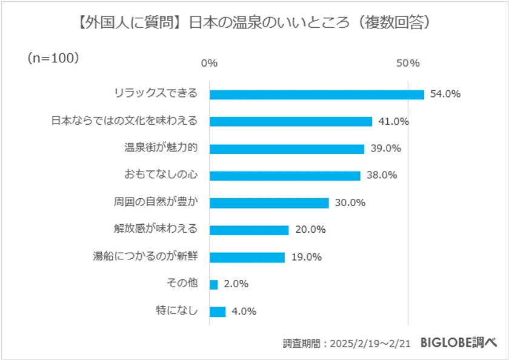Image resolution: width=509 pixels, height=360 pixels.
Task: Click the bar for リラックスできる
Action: tap(316, 94)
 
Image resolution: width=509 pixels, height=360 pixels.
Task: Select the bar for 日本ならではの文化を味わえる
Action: tap(291, 121)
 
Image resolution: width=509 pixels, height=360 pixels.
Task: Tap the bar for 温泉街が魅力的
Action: tap(287, 148)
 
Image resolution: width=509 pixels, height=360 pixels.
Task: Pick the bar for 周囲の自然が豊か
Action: tap(269, 203)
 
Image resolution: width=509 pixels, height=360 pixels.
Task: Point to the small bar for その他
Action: tap(213, 284)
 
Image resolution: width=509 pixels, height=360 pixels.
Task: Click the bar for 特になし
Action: tap(218, 312)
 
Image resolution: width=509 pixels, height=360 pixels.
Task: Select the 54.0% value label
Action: tap(445, 94)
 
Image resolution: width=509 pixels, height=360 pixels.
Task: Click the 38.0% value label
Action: tap(382, 176)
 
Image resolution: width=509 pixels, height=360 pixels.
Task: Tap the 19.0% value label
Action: tap(306, 257)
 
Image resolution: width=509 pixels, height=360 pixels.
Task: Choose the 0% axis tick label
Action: tap(209, 64)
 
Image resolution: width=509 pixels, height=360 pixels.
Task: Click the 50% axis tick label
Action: tap(408, 64)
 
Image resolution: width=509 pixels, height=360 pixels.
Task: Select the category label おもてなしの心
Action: tap(161, 175)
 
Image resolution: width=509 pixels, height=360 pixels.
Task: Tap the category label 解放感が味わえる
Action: tap(156, 229)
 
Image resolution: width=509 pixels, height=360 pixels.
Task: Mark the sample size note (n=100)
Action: tap(53, 58)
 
